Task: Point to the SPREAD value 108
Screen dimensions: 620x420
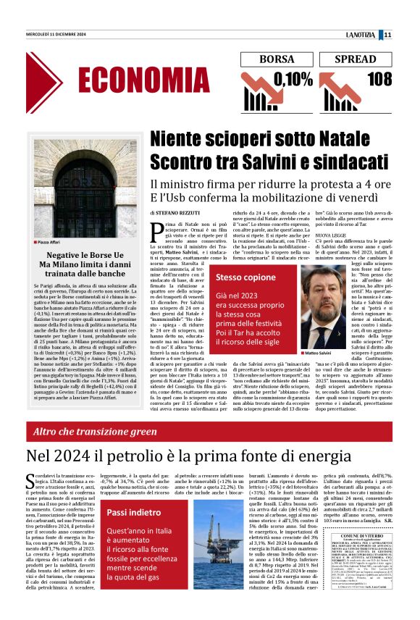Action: point(384,78)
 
